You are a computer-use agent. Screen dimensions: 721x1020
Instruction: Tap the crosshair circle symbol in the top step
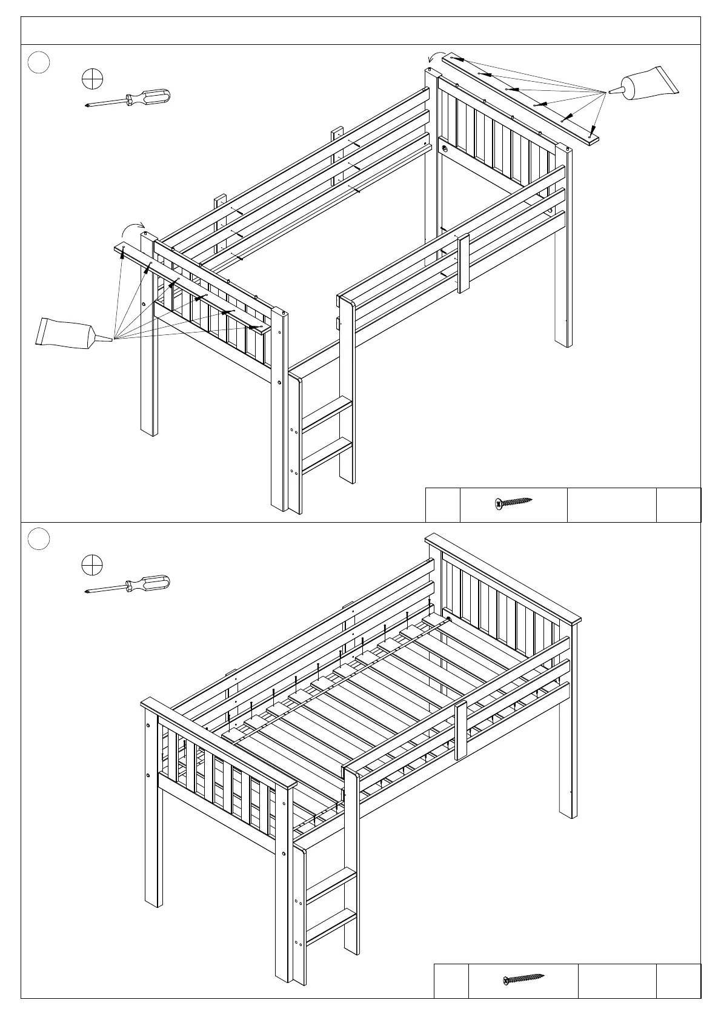92,79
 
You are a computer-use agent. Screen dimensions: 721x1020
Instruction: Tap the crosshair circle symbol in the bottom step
92,565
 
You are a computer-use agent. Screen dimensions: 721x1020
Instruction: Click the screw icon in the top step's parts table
513,502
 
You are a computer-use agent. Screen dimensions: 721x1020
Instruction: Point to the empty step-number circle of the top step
39,62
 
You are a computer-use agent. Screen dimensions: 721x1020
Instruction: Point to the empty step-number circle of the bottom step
39,539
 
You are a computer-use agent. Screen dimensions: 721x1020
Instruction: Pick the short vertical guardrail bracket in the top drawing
464,263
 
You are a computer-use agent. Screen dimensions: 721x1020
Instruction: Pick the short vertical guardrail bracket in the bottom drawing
461,730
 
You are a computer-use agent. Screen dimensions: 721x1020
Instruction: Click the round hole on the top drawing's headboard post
445,148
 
